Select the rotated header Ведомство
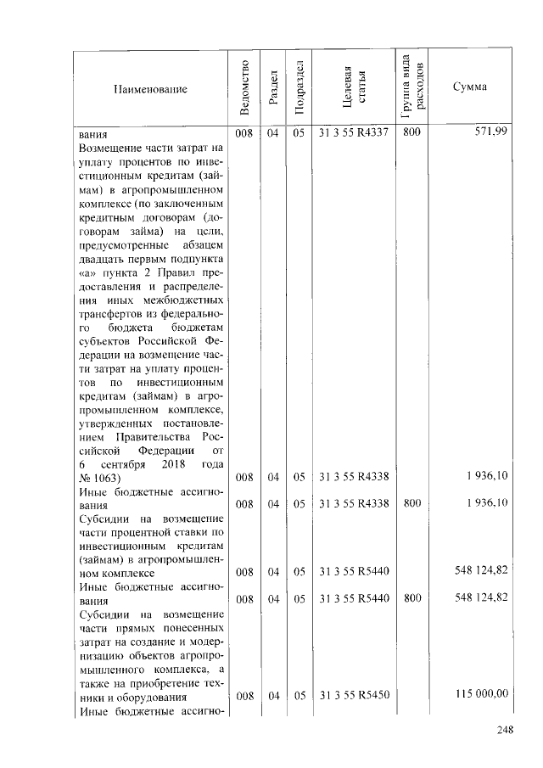(244, 87)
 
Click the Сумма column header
(469, 87)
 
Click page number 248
(505, 728)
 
